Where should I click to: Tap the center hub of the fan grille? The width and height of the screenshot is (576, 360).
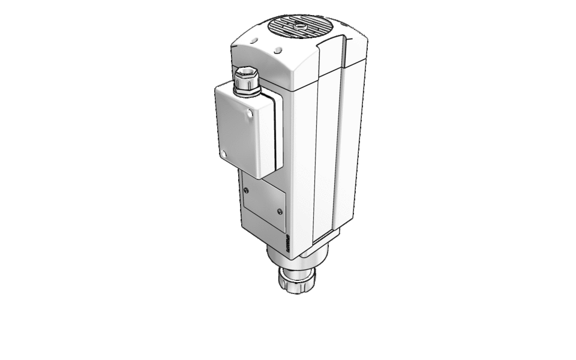[x=298, y=26]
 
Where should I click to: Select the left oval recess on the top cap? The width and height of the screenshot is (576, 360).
[x=252, y=40]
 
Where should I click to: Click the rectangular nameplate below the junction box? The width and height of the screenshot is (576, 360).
[x=264, y=204]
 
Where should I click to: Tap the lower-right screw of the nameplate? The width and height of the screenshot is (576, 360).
[x=280, y=211]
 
